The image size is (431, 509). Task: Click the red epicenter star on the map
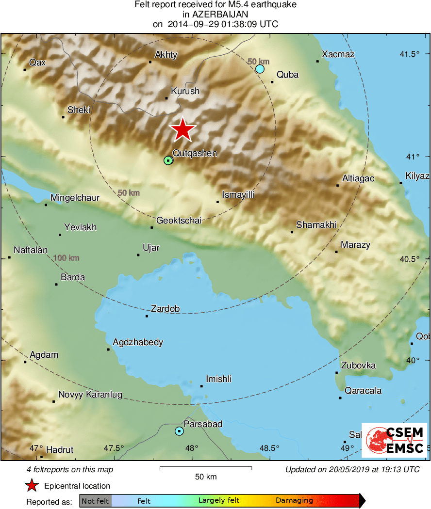pos(182,130)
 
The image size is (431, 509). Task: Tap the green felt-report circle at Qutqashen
pos(168,160)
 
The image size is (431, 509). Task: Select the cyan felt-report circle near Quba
pos(260,69)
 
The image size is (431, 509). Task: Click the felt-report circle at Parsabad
pos(180,431)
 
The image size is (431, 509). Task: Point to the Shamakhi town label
pos(316,225)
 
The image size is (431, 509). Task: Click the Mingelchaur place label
pos(75,198)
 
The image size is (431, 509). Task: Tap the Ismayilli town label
pos(238,195)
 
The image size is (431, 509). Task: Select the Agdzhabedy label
pos(138,343)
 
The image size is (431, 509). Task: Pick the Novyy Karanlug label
pos(90,395)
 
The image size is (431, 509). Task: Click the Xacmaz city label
pos(338,54)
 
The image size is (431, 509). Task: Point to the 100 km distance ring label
pos(66,258)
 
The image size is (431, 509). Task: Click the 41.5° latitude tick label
pos(410,54)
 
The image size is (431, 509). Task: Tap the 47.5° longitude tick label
pos(115,448)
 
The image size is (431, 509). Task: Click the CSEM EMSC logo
pos(396,440)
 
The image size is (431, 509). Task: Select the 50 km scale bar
pos(206,468)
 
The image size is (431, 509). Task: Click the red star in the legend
pos(32,485)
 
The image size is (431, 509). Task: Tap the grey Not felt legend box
pos(96,501)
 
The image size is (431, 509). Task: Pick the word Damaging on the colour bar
pos(294,501)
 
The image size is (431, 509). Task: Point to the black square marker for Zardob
pos(147,316)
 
